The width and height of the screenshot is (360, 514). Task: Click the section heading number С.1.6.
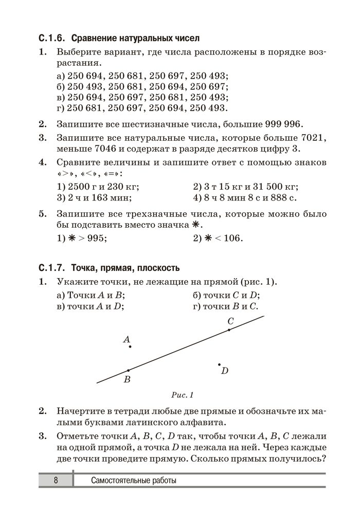(x=52, y=39)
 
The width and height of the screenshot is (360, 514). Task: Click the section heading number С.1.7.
(x=52, y=268)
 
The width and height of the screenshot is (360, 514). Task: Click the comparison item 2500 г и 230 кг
(x=98, y=187)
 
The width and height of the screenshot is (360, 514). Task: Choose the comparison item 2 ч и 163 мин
(x=94, y=198)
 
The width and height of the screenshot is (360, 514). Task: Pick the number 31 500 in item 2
(x=264, y=187)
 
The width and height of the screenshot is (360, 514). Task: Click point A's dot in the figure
(x=130, y=347)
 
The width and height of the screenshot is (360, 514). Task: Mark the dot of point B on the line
(x=128, y=370)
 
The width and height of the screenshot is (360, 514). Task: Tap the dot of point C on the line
(x=229, y=330)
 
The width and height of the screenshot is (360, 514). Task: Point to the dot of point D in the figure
(x=220, y=364)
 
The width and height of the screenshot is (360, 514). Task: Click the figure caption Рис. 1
(x=182, y=395)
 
